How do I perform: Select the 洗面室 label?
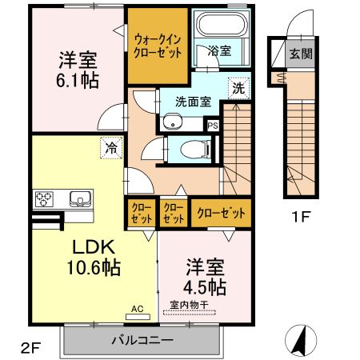point(192,102)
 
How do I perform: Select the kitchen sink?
point(80,198)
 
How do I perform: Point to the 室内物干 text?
point(189,304)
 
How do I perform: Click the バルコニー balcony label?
point(141,340)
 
